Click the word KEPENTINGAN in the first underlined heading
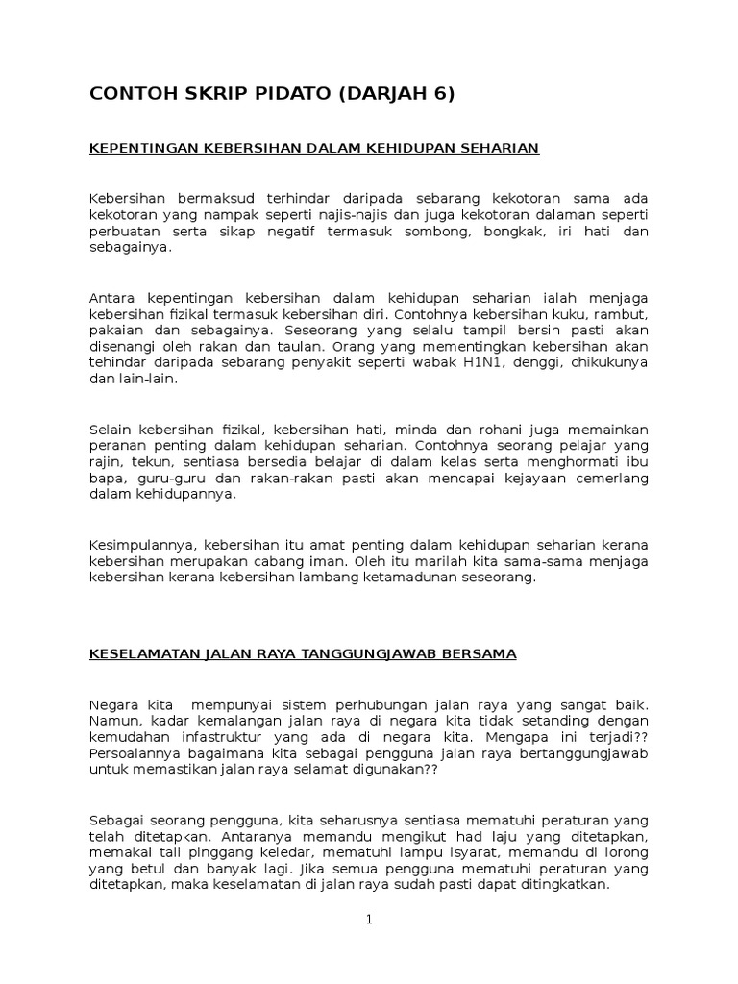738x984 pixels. pyautogui.click(x=141, y=148)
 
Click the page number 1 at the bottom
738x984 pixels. pyautogui.click(x=369, y=920)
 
